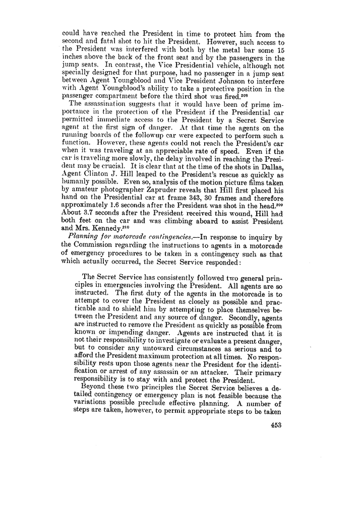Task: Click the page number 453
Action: [275, 425]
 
